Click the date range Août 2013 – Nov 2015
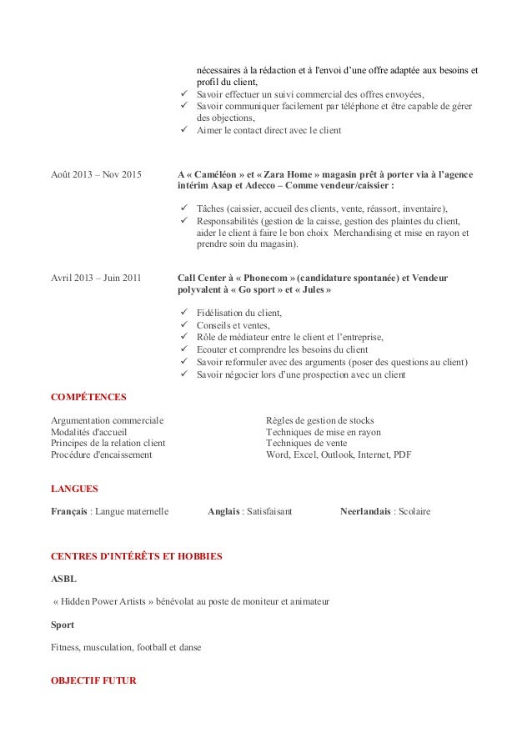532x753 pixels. [x=96, y=174]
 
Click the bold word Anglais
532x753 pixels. [x=223, y=511]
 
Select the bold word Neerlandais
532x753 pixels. [x=365, y=511]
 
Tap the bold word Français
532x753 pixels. [x=69, y=511]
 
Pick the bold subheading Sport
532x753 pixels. [x=63, y=625]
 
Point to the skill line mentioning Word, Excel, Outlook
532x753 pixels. [x=338, y=455]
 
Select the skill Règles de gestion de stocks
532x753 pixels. [x=319, y=420]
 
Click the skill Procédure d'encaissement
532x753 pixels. [x=101, y=455]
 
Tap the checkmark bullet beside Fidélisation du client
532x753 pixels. [x=183, y=313]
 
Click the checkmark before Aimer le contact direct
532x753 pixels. [x=183, y=131]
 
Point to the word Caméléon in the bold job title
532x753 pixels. [x=217, y=174]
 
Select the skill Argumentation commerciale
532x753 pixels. [x=108, y=420]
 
